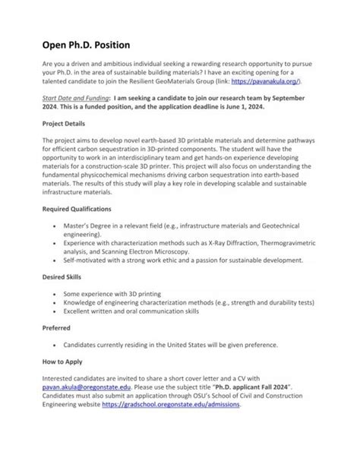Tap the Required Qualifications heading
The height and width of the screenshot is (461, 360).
pos(78,207)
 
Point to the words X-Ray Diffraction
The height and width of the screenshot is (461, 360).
pos(214,243)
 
